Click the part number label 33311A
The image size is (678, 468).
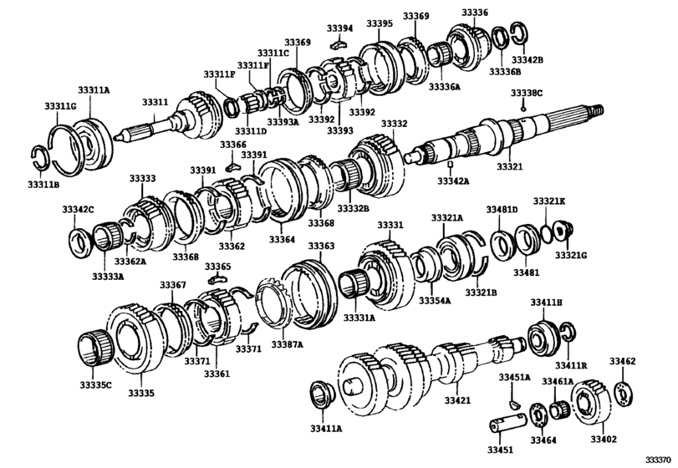[x=94, y=89]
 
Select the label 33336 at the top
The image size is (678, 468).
[x=475, y=13]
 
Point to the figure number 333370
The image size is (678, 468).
[x=657, y=459]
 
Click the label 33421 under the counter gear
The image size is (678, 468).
[x=457, y=401]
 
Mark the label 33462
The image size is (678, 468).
[x=622, y=361]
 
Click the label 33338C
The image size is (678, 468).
[x=528, y=93]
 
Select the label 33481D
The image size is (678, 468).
[x=502, y=209]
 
